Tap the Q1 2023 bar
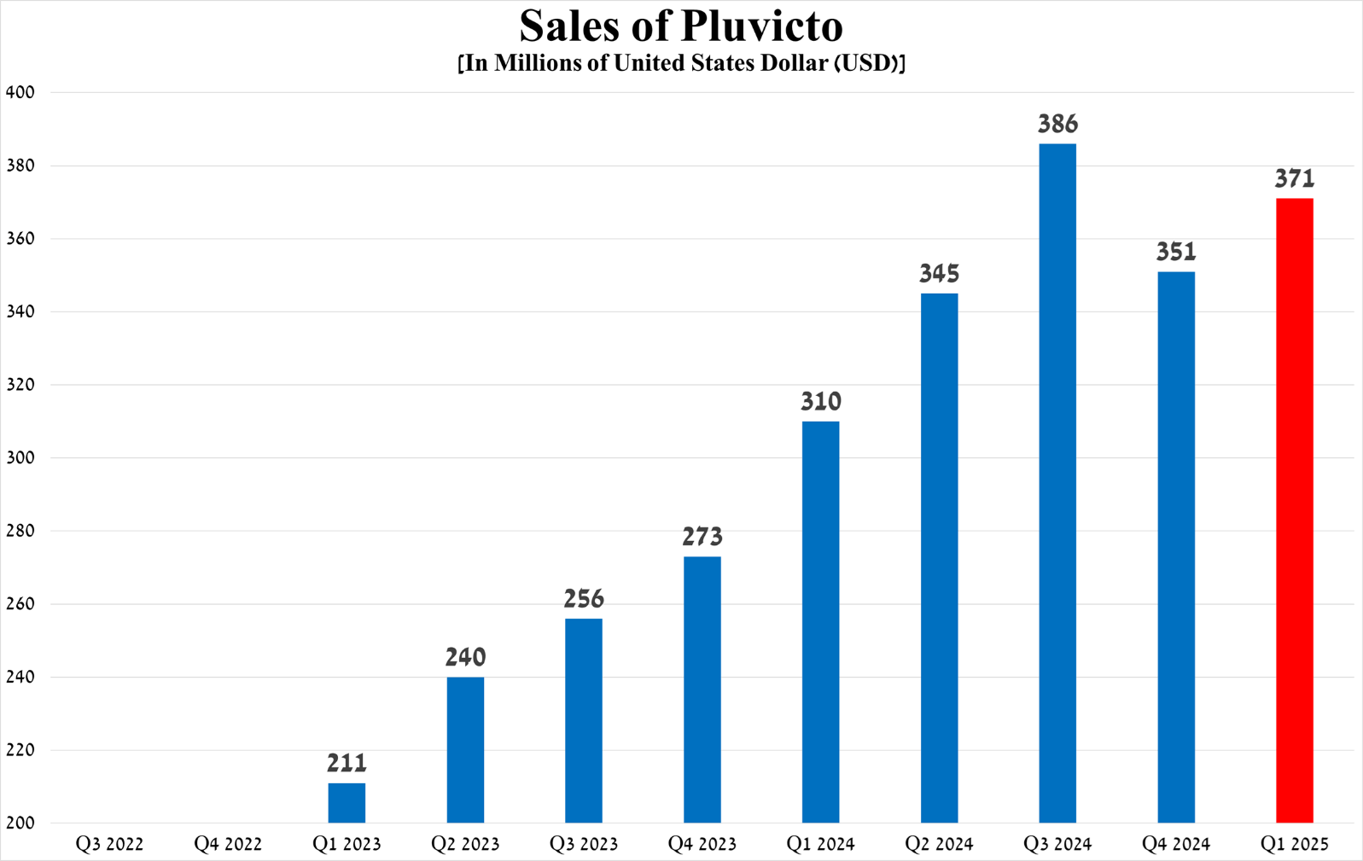click(x=347, y=803)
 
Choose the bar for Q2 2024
click(x=939, y=558)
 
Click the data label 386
click(x=1057, y=125)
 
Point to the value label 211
click(x=347, y=763)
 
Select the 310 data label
click(x=820, y=402)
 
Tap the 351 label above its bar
click(x=1175, y=253)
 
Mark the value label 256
click(x=584, y=599)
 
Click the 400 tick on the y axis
click(x=20, y=92)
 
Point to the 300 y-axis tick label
click(x=20, y=457)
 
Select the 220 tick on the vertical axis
click(x=20, y=750)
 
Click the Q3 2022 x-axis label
click(x=109, y=844)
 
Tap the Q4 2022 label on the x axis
click(x=228, y=844)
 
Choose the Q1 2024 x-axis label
click(x=820, y=844)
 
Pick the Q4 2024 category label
click(x=1175, y=844)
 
